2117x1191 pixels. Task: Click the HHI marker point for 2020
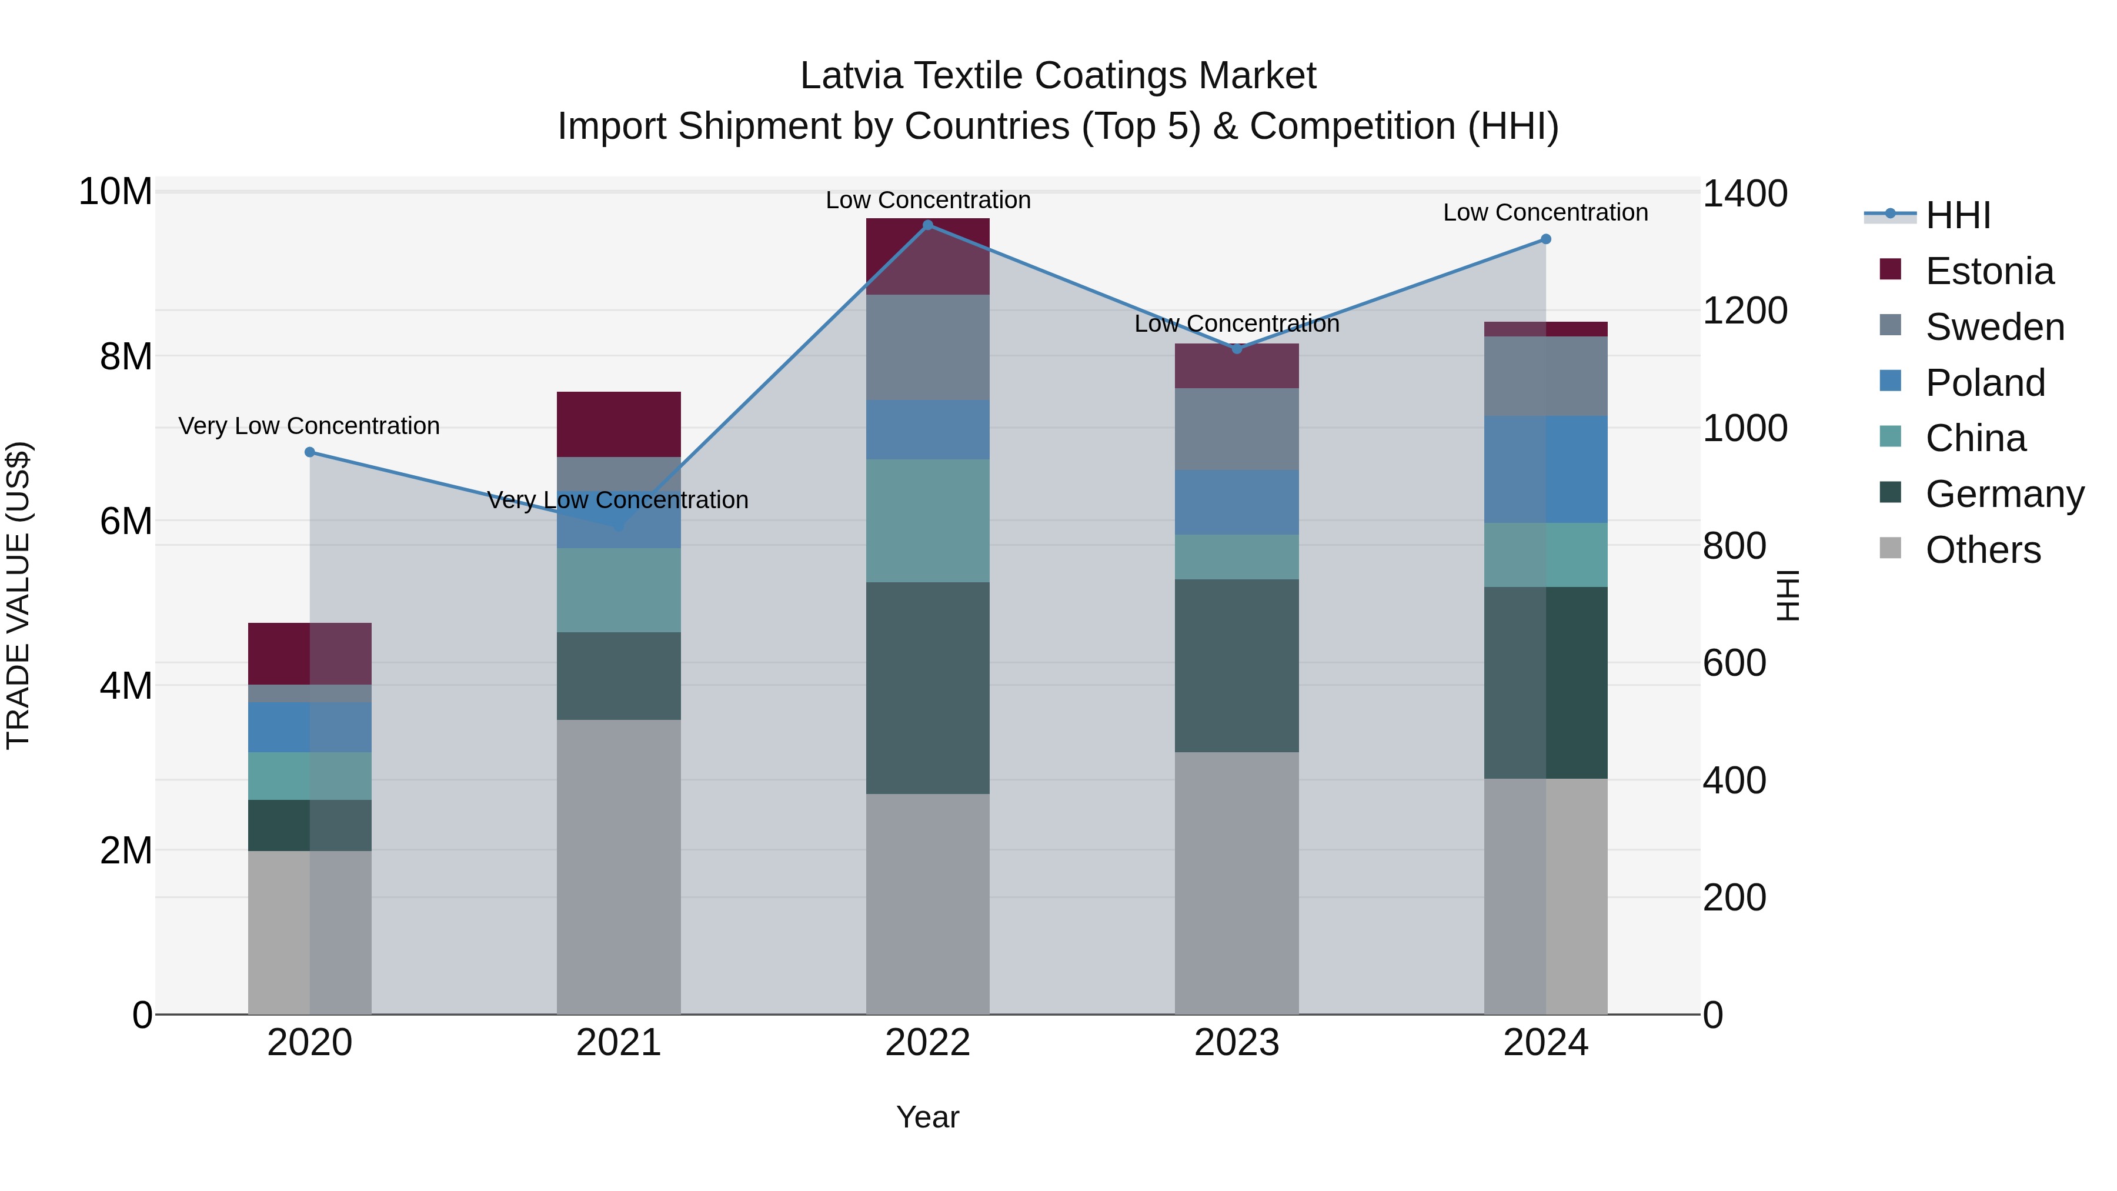coord(310,452)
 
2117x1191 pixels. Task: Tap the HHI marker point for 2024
coord(1546,239)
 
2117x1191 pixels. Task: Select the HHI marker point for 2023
coord(1237,349)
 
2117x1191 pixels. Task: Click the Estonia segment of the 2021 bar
coord(619,424)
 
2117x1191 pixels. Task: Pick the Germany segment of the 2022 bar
coord(928,688)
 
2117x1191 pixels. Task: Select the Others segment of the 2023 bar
coord(1237,883)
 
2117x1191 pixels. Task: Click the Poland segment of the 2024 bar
coord(1546,469)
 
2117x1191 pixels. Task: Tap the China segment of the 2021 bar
coord(619,590)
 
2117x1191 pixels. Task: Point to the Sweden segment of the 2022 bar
coord(928,347)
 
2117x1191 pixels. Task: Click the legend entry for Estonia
coord(1989,271)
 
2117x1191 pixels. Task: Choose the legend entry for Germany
coord(2004,494)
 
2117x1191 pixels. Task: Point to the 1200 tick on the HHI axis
coord(1744,311)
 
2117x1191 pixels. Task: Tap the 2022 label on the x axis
coord(928,1043)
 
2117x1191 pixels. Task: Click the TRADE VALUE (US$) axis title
coord(18,595)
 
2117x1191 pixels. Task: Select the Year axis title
coord(928,1117)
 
